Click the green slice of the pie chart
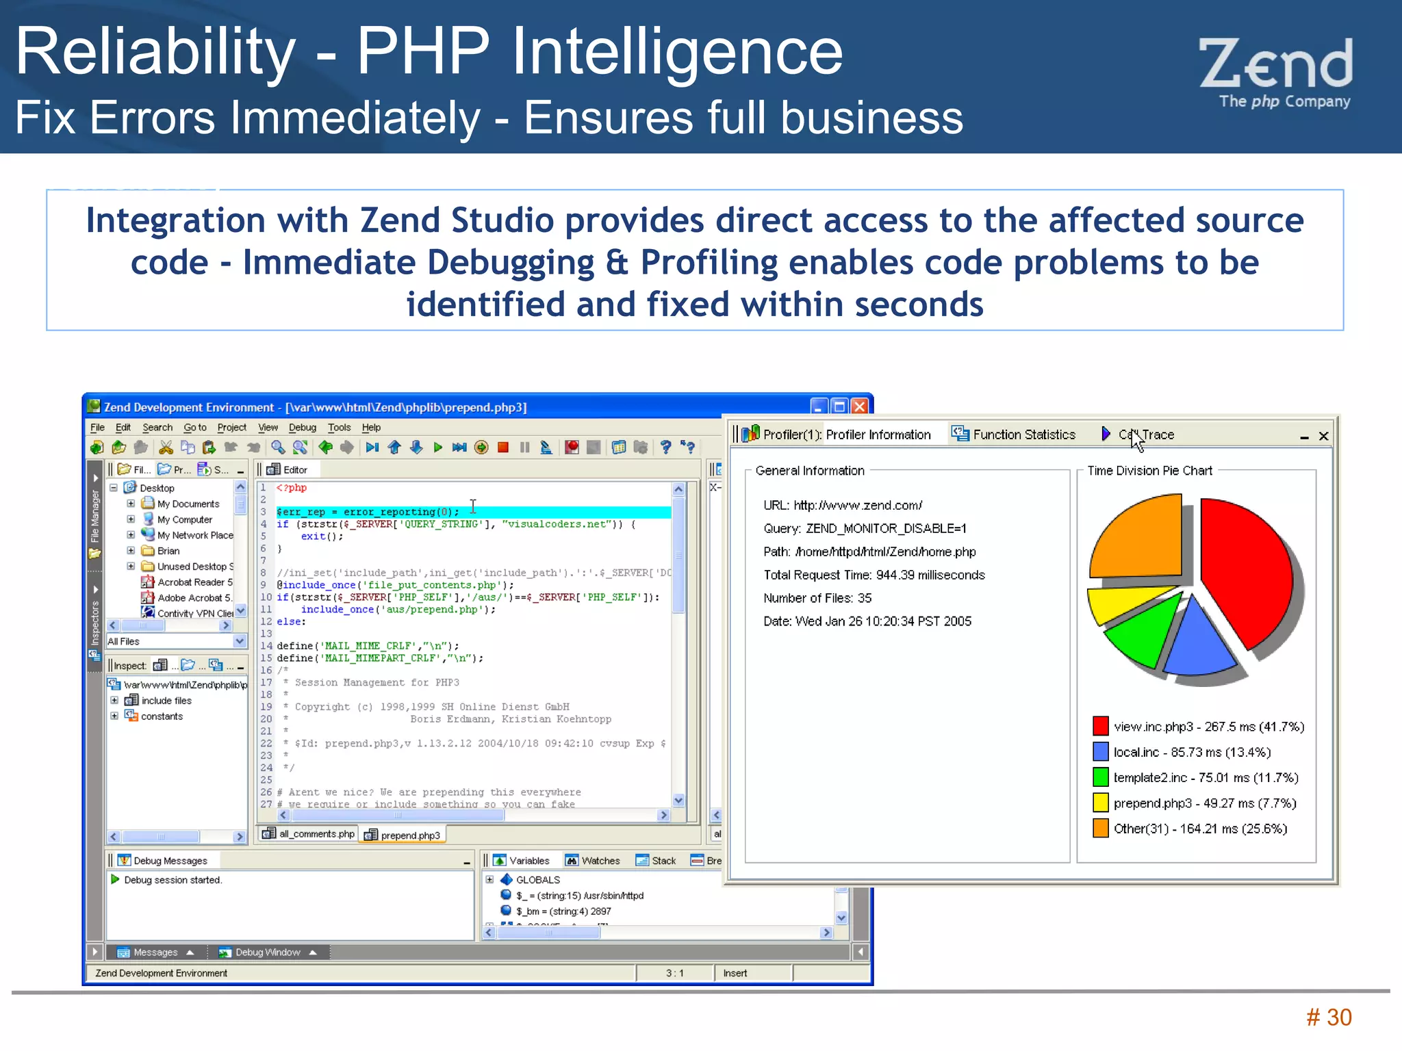1143,630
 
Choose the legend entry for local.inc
1191,752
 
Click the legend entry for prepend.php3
1204,803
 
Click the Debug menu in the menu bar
302,428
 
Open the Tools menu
339,428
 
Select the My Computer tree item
184,519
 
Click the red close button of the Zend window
860,406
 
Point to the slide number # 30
1329,1017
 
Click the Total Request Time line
874,575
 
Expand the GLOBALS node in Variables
489,880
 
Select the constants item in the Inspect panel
162,716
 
